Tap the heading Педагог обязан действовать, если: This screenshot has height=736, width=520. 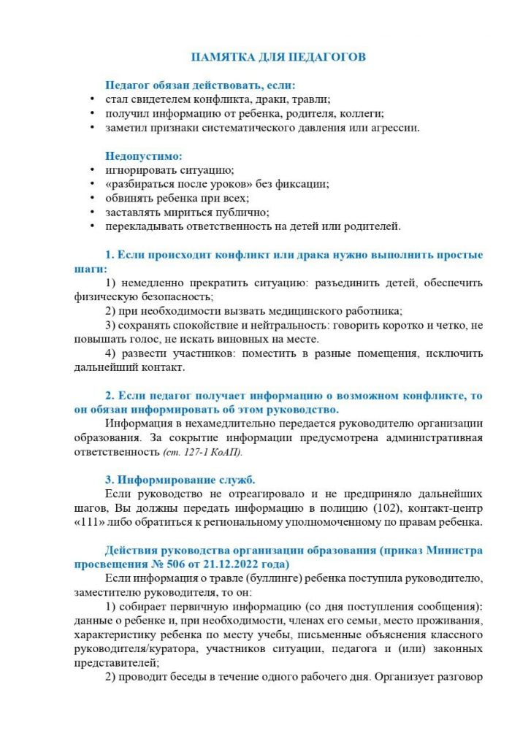(200, 85)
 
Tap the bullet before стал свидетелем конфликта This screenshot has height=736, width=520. (91, 99)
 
